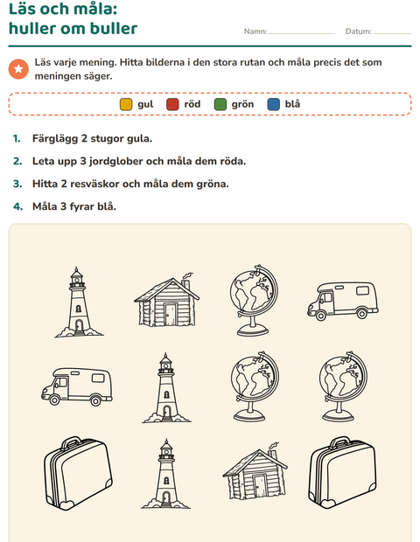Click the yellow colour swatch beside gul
point(126,104)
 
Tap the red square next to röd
point(172,104)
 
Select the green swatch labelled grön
point(220,104)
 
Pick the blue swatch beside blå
point(273,104)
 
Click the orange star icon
point(18,69)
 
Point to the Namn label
point(255,31)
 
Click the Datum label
point(358,31)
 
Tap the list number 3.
point(17,184)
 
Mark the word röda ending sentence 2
point(233,162)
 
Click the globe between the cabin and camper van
point(254,300)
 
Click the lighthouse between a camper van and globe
point(166,387)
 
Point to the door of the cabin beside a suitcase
point(259,486)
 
